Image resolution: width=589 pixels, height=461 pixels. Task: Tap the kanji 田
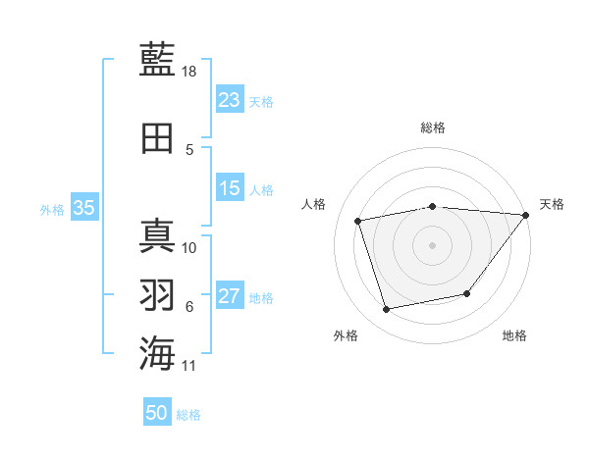tap(157, 138)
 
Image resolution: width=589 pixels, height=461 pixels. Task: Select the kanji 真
tap(157, 235)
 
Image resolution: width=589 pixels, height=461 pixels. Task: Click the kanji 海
tap(157, 352)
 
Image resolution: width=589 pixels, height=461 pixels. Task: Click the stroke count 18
tap(190, 72)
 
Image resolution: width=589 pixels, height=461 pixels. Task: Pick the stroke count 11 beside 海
tap(190, 366)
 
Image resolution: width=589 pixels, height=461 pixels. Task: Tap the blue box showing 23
tap(230, 99)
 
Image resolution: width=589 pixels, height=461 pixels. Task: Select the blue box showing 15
tap(230, 188)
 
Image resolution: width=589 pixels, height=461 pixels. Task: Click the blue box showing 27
tap(230, 296)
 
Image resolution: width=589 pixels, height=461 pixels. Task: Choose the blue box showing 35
tap(84, 207)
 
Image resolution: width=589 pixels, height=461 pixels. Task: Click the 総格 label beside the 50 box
tap(188, 415)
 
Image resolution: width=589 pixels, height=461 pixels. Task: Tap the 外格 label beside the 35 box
tap(52, 209)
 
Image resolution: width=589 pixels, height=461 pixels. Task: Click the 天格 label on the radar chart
tap(552, 204)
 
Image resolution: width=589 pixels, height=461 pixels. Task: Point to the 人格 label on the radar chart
tap(314, 204)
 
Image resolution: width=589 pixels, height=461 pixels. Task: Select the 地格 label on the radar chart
tap(514, 335)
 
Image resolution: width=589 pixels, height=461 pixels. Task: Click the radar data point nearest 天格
tap(526, 215)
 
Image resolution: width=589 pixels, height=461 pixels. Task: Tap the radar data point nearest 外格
tap(387, 310)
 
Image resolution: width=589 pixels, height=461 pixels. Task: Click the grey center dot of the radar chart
tap(432, 245)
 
